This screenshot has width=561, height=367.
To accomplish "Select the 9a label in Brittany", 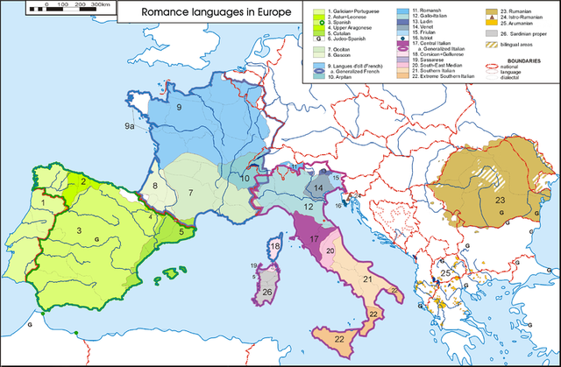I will point(129,128).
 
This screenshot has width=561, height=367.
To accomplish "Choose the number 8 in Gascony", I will point(154,186).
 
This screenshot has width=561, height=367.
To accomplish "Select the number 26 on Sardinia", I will point(269,291).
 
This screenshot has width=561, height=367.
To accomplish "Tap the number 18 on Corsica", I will point(275,248).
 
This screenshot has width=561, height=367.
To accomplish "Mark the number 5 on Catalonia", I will point(181,233).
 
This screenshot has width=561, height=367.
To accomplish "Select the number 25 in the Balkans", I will point(446,274).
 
